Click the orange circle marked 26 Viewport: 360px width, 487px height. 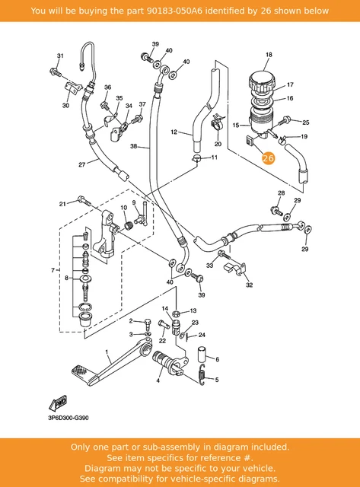tap(267, 158)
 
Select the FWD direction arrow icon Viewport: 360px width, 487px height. tap(59, 402)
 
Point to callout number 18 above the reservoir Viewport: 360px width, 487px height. tap(269, 55)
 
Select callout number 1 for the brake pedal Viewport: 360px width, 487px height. tap(108, 353)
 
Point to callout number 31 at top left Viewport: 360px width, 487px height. tap(61, 56)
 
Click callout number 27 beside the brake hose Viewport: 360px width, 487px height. tap(81, 164)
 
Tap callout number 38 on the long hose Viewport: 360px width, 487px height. tap(134, 146)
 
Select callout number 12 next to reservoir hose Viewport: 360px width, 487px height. tap(174, 132)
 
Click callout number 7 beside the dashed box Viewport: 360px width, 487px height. tap(53, 270)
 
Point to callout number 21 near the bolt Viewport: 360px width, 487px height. tap(62, 203)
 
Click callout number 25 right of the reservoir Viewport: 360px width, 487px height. tap(306, 122)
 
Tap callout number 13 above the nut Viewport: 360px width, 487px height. tap(193, 311)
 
